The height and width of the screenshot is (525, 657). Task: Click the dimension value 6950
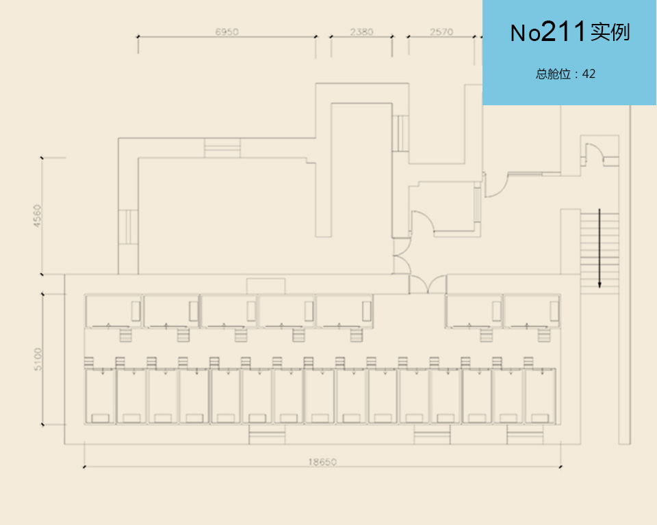click(227, 32)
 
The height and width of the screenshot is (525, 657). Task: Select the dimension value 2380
click(361, 32)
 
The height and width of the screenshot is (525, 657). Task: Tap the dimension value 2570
click(441, 32)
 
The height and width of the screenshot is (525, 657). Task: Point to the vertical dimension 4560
click(38, 216)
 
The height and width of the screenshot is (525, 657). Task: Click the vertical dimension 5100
click(38, 359)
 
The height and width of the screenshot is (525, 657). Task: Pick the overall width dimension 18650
click(322, 462)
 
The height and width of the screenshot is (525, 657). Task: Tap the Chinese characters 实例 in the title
click(610, 32)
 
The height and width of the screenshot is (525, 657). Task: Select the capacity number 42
click(589, 74)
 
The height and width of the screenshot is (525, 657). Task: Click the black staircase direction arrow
click(600, 248)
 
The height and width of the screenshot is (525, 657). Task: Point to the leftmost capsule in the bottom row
click(99, 396)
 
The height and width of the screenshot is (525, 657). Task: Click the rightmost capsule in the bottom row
click(540, 396)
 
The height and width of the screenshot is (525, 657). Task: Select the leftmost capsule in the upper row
click(114, 310)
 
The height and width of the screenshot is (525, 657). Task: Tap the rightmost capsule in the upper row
click(532, 310)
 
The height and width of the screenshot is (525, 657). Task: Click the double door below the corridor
click(428, 284)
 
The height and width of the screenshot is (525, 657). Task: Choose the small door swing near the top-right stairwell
click(593, 153)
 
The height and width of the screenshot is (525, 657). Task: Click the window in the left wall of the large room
click(128, 228)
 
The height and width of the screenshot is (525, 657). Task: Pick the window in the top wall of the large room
click(222, 148)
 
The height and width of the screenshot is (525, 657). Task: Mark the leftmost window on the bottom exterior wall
click(267, 435)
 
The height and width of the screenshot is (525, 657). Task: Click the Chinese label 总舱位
click(553, 74)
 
